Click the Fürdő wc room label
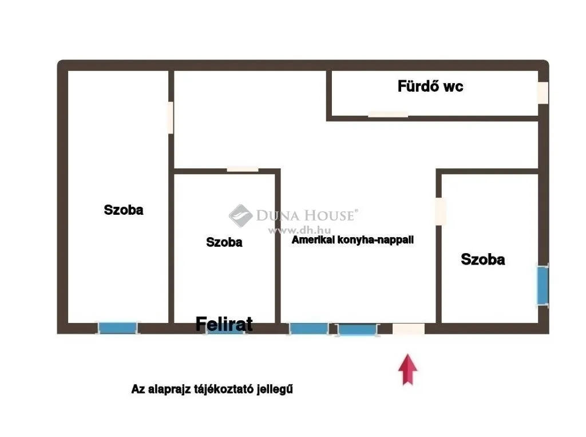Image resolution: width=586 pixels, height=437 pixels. [430, 86]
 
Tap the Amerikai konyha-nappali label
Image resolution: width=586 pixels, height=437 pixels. [353, 241]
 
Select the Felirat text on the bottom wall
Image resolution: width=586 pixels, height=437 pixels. [224, 324]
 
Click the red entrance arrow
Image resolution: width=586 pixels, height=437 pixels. [407, 370]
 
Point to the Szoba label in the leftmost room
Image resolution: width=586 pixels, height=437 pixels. [124, 210]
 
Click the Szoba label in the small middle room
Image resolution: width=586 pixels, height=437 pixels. [224, 243]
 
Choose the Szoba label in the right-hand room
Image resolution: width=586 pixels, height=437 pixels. [482, 259]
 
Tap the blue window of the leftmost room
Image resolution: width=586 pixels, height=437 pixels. [118, 328]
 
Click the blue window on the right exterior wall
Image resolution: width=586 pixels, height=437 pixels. [542, 284]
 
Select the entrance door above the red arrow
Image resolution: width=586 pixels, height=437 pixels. [408, 329]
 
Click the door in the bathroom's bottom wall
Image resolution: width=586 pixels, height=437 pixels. [388, 114]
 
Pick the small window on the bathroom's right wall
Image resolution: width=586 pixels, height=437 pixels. [543, 93]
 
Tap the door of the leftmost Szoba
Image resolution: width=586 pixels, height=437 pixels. [170, 117]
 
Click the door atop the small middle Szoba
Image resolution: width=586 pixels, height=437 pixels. [243, 169]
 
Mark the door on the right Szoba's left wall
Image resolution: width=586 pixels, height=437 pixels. [440, 211]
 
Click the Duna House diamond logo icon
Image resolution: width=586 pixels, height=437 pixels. [241, 216]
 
